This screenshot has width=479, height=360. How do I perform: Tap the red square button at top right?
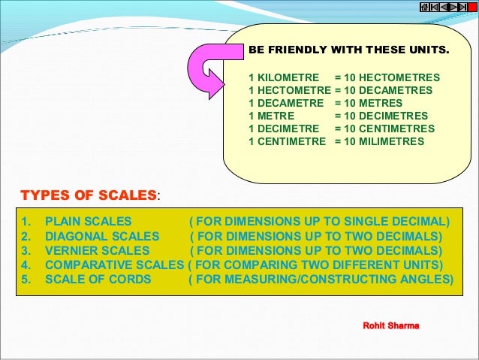tap(472, 6)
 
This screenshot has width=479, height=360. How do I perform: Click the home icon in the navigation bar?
tap(424, 6)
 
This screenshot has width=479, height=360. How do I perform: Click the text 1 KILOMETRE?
tap(283, 77)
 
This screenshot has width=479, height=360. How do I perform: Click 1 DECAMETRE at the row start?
tap(285, 103)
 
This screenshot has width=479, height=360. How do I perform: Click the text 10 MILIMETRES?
tap(384, 141)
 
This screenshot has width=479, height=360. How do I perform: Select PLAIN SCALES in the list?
tap(88, 222)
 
